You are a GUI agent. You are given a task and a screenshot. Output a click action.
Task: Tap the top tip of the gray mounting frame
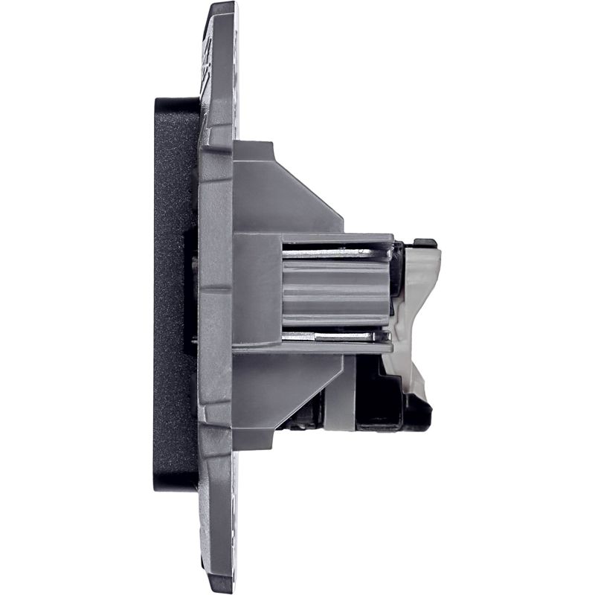click(x=222, y=9)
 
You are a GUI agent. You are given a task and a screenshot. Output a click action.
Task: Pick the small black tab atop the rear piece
click(x=425, y=242)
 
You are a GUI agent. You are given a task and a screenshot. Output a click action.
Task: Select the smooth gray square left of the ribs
click(x=257, y=290)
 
